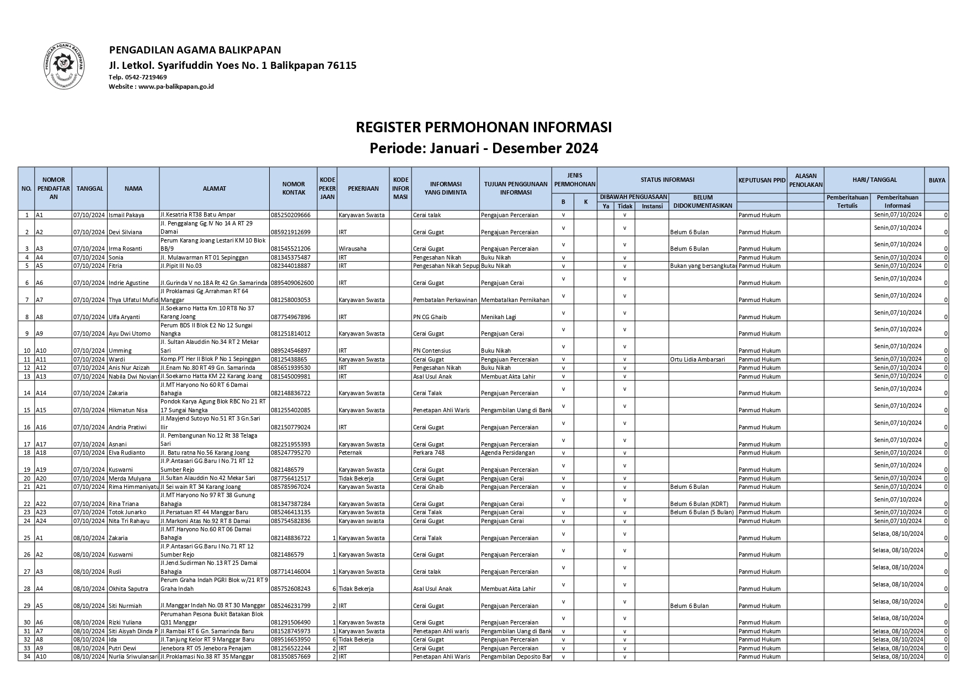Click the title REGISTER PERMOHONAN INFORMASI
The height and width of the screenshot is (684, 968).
[484, 127]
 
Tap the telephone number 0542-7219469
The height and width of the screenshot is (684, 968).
[146, 77]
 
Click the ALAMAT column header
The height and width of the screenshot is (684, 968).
[214, 188]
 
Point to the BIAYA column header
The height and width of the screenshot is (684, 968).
[937, 180]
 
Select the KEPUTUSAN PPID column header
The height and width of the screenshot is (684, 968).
[761, 180]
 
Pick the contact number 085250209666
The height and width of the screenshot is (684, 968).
[291, 215]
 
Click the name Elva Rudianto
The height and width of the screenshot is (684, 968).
[127, 453]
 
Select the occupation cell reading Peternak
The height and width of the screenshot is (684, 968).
[350, 453]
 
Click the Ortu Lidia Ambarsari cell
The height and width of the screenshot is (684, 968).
[697, 359]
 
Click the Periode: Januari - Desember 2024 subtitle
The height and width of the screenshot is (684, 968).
[484, 148]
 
